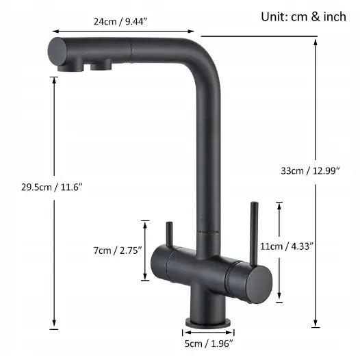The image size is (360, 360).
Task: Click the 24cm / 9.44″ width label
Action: pos(120,22)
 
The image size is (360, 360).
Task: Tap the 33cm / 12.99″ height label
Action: pos(310,171)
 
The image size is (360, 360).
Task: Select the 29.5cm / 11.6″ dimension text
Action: pos(51,187)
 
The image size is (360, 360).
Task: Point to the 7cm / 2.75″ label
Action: pos(118,250)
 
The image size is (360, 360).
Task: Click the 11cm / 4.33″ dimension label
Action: pos(287,246)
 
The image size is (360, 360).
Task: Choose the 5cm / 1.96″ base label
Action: pos(209,344)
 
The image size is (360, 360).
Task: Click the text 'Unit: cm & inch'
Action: pos(303,16)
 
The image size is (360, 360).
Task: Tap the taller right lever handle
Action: pos(254,233)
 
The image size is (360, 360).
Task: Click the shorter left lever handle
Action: pos(169,235)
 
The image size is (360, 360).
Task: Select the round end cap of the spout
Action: pos(57,51)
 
